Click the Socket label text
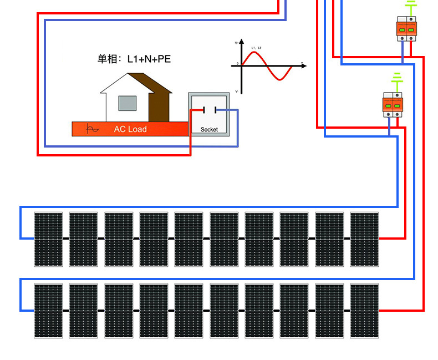tap(209, 129)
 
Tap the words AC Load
tap(130, 129)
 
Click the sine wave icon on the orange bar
tap(93, 129)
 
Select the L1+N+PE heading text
tap(134, 59)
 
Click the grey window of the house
tap(127, 103)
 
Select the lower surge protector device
tap(393, 105)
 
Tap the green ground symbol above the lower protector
tap(396, 80)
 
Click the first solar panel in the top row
tap(48, 239)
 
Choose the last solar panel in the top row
tap(364, 239)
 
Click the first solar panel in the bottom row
tap(48, 311)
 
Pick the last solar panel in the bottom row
tap(364, 311)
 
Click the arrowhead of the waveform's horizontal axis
tap(304, 66)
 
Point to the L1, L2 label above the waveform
tap(256, 48)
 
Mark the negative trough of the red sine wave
tap(282, 80)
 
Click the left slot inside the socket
tap(204, 110)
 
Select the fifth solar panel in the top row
tap(189, 239)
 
